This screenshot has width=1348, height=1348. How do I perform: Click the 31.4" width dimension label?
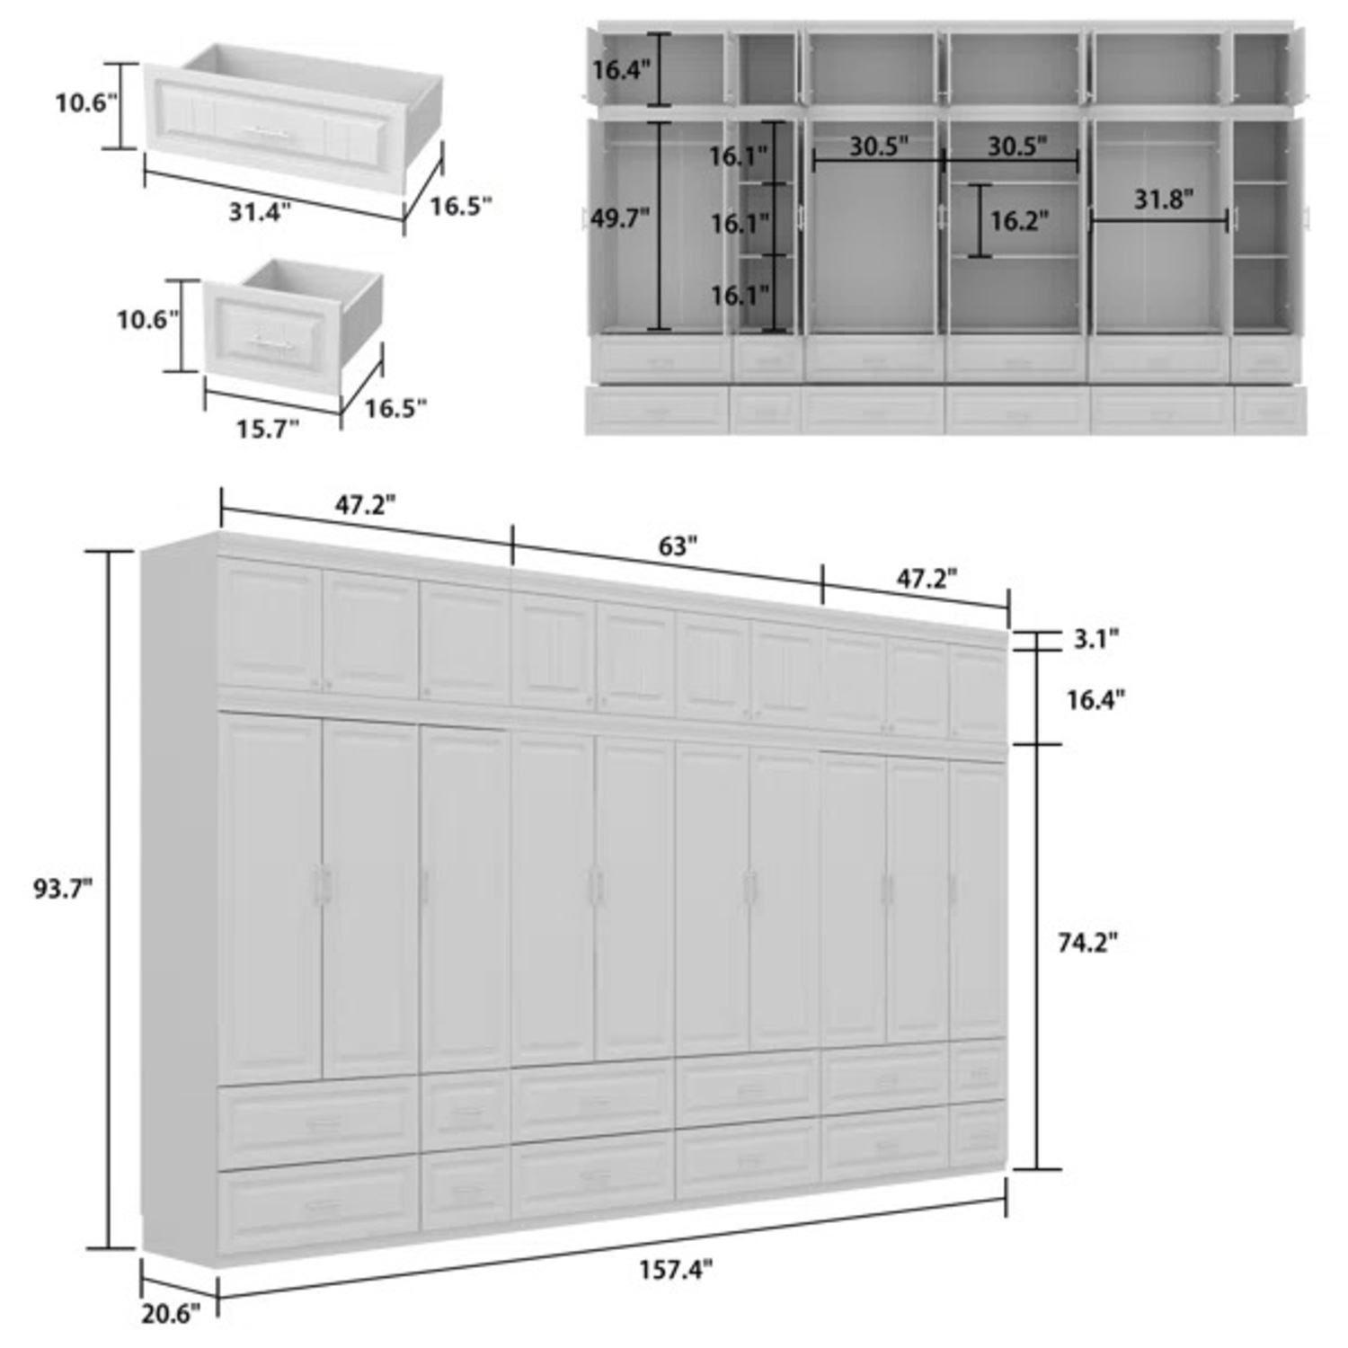(259, 212)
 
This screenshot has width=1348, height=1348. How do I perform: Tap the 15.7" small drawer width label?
(267, 430)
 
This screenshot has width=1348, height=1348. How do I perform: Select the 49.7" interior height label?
(619, 218)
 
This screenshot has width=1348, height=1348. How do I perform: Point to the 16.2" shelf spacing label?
(1019, 221)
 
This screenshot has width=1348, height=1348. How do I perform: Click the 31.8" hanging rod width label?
(1163, 200)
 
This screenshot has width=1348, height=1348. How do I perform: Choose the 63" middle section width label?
(678, 545)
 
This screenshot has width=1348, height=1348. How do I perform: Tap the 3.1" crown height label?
(1095, 639)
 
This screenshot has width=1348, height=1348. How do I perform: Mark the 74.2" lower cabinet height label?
(1087, 943)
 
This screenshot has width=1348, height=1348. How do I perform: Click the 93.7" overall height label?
(63, 889)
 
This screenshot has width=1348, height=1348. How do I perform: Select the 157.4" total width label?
(676, 1269)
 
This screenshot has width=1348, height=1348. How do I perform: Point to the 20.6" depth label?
(170, 1314)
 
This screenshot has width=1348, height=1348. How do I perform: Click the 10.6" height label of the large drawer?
(86, 103)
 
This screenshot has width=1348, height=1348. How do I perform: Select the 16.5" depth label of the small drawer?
(395, 409)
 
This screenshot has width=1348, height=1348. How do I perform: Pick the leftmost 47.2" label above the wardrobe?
(366, 505)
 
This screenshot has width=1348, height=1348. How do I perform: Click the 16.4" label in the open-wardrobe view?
(621, 69)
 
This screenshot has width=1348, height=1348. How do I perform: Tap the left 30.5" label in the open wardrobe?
(878, 146)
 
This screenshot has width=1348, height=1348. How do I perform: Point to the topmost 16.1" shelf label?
(738, 156)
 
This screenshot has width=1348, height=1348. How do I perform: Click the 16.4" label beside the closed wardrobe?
(1095, 699)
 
